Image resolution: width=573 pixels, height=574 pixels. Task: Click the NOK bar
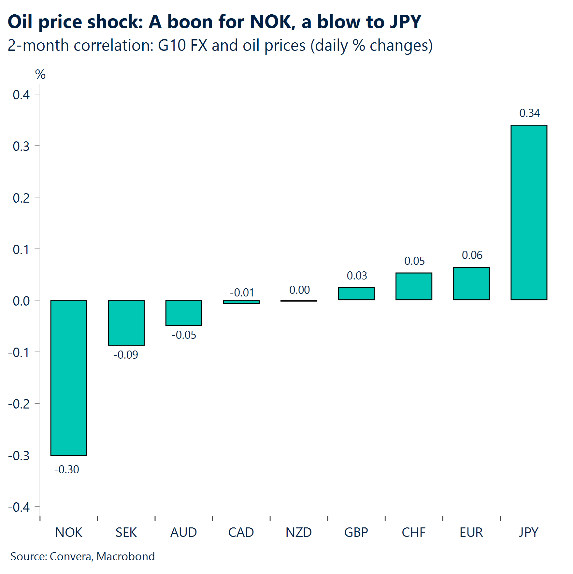69,378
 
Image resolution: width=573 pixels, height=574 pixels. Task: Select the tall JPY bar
529,212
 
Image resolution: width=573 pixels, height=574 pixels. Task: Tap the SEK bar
126,323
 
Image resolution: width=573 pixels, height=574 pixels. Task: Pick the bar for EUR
471,283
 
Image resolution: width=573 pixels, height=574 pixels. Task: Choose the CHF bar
414,286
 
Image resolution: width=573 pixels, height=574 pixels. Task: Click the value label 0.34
529,113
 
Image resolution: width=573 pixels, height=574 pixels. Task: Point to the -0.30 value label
67,469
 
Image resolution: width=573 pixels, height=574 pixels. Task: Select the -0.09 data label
126,354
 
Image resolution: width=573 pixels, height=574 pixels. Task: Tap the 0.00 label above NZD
299,290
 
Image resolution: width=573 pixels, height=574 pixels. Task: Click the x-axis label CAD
241,532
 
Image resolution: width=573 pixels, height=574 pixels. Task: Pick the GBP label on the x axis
356,532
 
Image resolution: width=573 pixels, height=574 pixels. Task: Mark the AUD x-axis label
184,532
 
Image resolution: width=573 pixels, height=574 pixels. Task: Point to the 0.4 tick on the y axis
21,95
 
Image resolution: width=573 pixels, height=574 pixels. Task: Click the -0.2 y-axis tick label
19,404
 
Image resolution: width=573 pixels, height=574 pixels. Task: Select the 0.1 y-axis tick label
21,250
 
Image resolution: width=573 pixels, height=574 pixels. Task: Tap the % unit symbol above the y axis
40,75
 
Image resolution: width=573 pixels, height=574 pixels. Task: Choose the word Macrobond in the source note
125,556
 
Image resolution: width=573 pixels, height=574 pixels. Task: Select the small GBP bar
356,294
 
